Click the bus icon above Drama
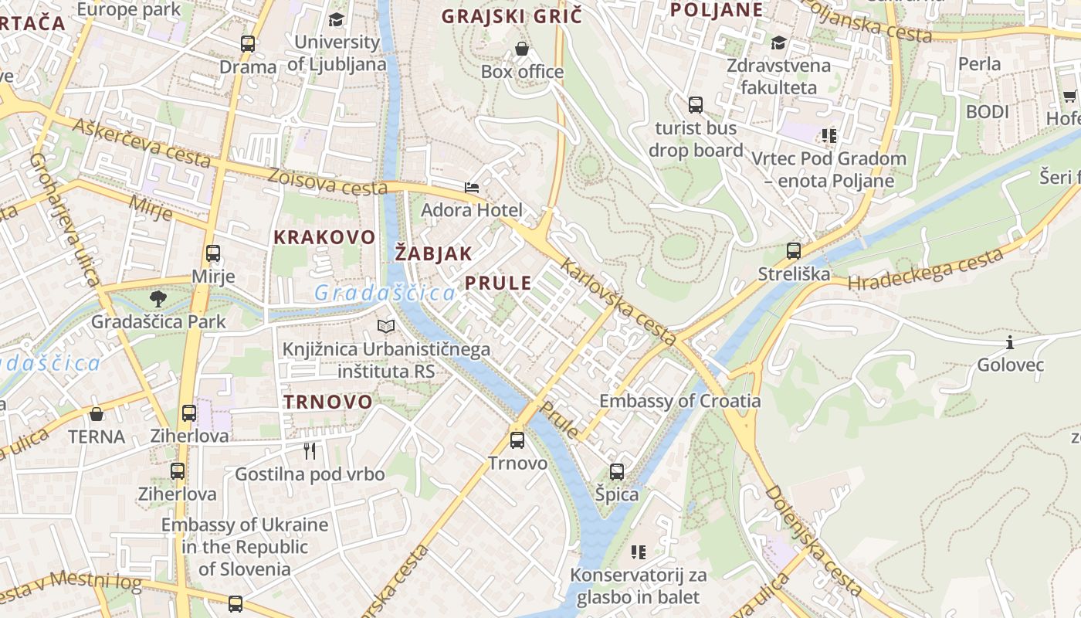coord(247,44)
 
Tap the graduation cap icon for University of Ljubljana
coord(336,20)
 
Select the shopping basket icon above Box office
coord(522,49)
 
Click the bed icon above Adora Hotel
coord(471,187)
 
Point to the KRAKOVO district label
coord(324,237)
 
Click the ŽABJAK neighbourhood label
coord(433,253)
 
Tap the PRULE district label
coord(498,283)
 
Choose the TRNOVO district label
coord(327,402)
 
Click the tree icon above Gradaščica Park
coord(158,298)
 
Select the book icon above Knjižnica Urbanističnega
coord(386,327)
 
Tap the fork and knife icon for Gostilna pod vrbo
coord(310,450)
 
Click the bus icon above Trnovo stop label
coord(517,440)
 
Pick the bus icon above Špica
coord(616,471)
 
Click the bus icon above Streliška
coord(793,250)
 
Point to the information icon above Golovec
coord(1009,342)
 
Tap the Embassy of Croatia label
coord(679,401)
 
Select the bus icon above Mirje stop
coord(212,253)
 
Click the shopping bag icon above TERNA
coord(97,414)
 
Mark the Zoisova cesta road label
coord(327,182)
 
